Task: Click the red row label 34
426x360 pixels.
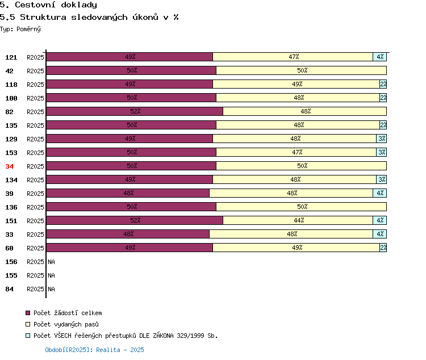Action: pyautogui.click(x=9, y=166)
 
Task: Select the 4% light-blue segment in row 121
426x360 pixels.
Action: pyautogui.click(x=379, y=57)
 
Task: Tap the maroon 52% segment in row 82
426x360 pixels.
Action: pyautogui.click(x=135, y=111)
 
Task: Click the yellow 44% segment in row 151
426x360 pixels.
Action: pyautogui.click(x=298, y=220)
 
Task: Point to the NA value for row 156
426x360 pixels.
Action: pyautogui.click(x=51, y=262)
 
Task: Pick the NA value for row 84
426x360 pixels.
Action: pyautogui.click(x=51, y=289)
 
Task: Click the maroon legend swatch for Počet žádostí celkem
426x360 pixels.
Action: pyautogui.click(x=28, y=313)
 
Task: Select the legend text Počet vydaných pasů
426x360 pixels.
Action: pyautogui.click(x=66, y=324)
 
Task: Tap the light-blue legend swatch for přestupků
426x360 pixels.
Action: pyautogui.click(x=28, y=336)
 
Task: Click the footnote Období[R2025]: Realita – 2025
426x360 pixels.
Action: pyautogui.click(x=94, y=350)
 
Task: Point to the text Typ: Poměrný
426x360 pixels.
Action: pyautogui.click(x=20, y=29)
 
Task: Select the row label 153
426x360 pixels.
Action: pyautogui.click(x=11, y=153)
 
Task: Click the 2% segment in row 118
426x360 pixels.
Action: pyautogui.click(x=383, y=84)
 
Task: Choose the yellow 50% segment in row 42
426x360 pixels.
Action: pyautogui.click(x=301, y=70)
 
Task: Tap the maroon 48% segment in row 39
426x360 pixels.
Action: pyautogui.click(x=128, y=193)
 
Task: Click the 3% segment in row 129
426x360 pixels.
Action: pyautogui.click(x=382, y=139)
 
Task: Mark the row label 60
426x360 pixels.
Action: pyautogui.click(x=9, y=248)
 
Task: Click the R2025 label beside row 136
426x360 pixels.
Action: pyautogui.click(x=35, y=207)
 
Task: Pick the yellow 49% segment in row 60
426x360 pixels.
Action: pyautogui.click(x=296, y=248)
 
